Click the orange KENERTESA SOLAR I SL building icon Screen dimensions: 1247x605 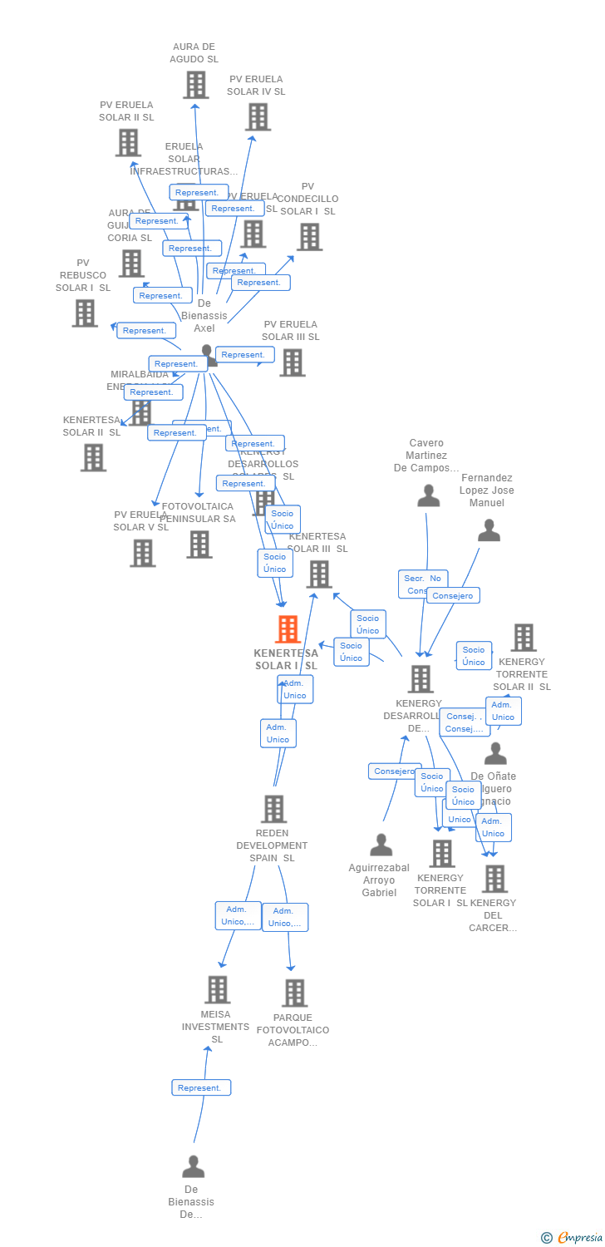tap(288, 629)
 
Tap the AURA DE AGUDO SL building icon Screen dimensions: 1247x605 tap(195, 85)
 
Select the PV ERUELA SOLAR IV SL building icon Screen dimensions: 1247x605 tap(258, 117)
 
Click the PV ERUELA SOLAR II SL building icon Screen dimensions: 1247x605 tap(127, 143)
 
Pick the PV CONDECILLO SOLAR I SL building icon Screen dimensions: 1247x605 tap(309, 237)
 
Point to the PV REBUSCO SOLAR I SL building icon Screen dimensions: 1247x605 tap(85, 313)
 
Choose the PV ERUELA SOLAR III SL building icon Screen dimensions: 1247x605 tap(292, 362)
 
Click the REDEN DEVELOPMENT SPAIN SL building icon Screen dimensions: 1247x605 tap(273, 809)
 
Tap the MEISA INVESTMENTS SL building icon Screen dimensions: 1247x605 tap(218, 990)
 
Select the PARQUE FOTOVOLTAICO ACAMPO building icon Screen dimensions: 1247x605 tap(294, 993)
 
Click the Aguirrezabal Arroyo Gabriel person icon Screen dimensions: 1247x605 tap(381, 845)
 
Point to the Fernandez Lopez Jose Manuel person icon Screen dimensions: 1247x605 tap(489, 530)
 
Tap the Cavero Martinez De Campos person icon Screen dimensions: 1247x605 tap(428, 495)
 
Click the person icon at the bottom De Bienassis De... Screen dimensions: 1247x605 tap(193, 1167)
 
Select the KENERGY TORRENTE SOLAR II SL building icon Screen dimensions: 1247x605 tap(523, 638)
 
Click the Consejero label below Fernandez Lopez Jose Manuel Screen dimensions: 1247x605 tap(453, 595)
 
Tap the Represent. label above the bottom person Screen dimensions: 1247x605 tap(201, 1087)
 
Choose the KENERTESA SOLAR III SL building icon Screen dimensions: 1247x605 tap(318, 574)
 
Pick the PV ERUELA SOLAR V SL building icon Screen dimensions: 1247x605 tap(142, 553)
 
